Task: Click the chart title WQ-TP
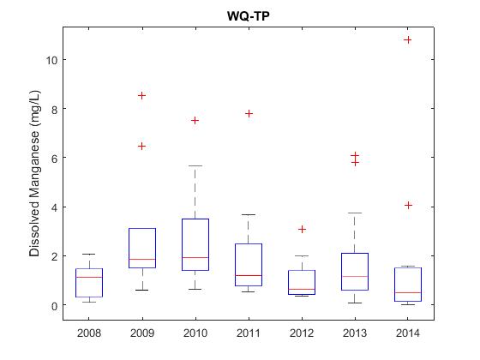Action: tap(249, 16)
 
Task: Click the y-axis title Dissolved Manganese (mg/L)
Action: tap(34, 173)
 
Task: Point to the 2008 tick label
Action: tap(89, 333)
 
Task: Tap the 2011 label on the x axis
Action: tap(249, 333)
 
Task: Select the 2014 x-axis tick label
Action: tap(408, 333)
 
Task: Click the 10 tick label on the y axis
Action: tap(51, 60)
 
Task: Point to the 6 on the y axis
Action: tap(55, 158)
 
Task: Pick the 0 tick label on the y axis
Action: tap(55, 306)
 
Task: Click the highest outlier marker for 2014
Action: tap(408, 39)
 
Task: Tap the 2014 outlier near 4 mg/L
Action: tap(408, 205)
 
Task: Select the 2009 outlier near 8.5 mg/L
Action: tap(141, 95)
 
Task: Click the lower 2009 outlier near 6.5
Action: tap(141, 146)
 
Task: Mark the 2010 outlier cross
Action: tap(195, 120)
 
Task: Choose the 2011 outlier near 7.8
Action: tap(249, 113)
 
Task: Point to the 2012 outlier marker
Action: tap(302, 230)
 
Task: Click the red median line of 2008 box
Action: tap(89, 277)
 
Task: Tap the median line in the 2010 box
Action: tap(195, 257)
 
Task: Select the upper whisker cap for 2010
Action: tap(195, 165)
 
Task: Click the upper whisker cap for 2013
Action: tap(355, 213)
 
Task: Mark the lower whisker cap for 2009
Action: tap(142, 290)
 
